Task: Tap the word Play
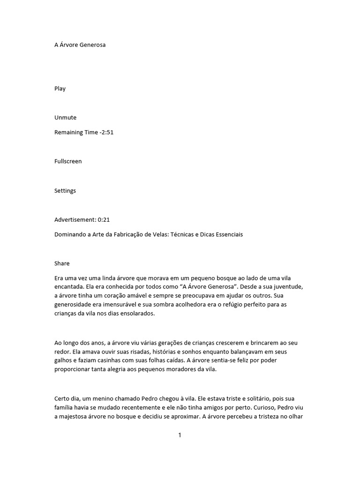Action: coord(60,89)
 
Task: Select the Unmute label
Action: coord(65,118)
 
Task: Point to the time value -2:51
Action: coord(106,132)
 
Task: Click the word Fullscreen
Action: coord(68,161)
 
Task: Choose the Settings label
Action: coord(65,190)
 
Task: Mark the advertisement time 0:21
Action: coord(104,219)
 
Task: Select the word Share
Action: coord(62,263)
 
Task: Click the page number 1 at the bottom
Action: coord(180,435)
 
